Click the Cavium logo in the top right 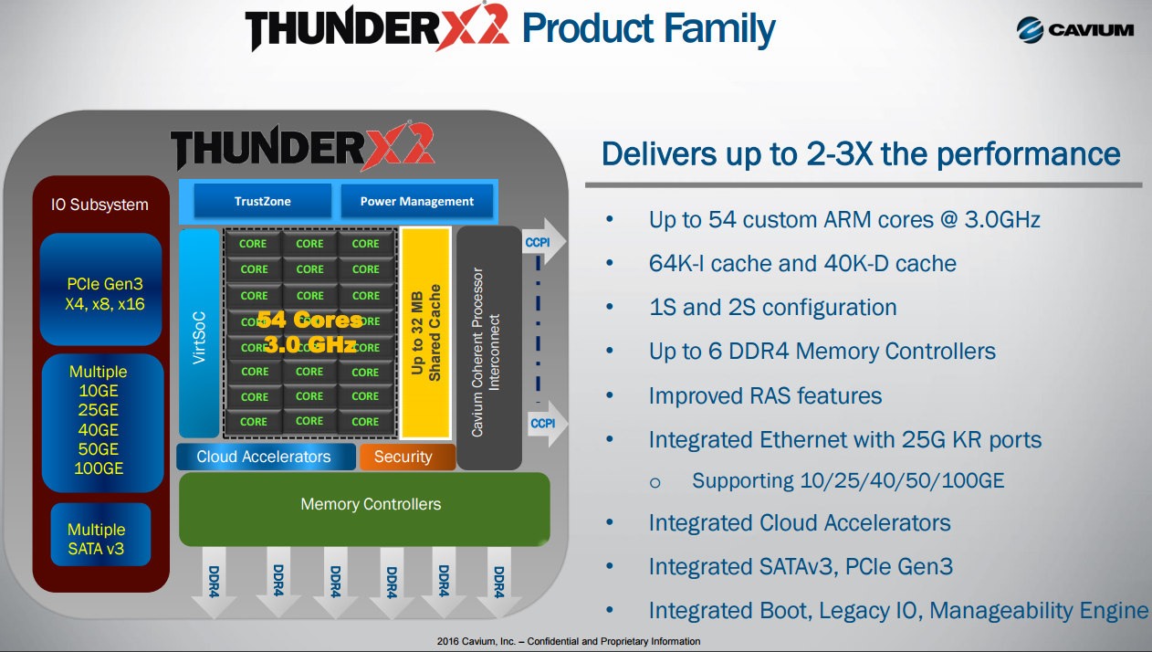1074,29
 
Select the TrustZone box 262,201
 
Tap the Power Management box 416,201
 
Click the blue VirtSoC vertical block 199,332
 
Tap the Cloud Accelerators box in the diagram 265,457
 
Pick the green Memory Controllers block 364,508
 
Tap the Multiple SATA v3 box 99,540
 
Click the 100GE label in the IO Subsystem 98,469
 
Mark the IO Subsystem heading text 99,205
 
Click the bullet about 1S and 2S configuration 772,308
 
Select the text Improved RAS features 765,396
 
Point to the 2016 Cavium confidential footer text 569,642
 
